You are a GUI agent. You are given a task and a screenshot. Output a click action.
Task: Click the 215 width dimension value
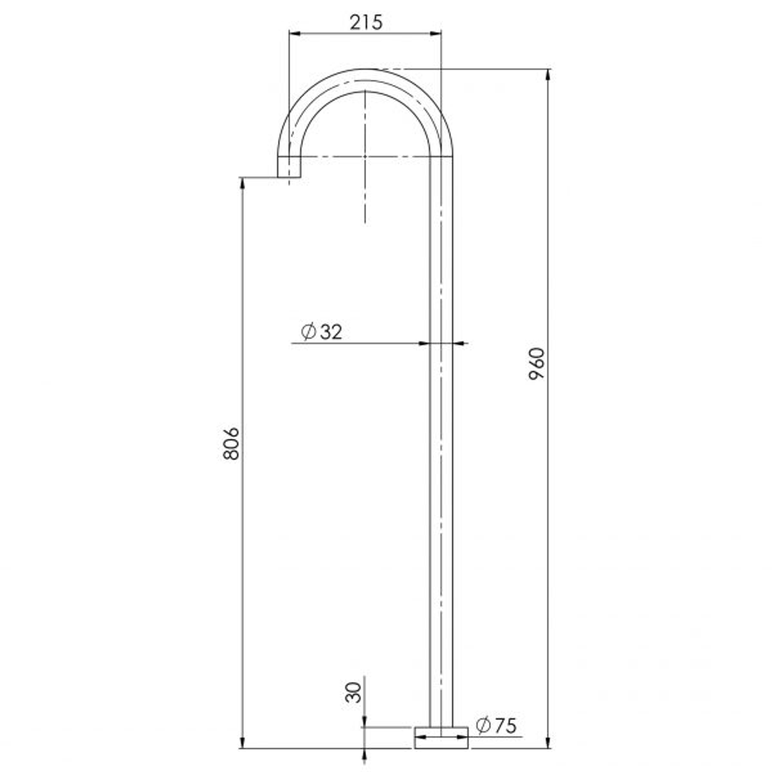[x=366, y=22]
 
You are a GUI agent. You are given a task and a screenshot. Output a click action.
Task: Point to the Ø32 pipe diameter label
[x=322, y=332]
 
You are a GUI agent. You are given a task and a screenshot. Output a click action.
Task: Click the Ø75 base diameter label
[x=495, y=726]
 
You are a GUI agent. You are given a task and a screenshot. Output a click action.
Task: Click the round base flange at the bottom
[x=441, y=738]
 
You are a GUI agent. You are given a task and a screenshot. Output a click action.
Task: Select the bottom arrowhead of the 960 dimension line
[x=548, y=743]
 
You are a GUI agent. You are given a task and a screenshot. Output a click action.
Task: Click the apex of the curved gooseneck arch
[x=365, y=70]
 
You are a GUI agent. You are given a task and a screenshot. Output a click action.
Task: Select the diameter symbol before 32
[x=308, y=332]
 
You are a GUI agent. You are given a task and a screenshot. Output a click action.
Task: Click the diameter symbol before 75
[x=482, y=726]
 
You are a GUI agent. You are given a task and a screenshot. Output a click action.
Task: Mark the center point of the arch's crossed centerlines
[x=365, y=155]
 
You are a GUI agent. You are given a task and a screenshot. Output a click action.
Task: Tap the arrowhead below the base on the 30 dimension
[x=365, y=755]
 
